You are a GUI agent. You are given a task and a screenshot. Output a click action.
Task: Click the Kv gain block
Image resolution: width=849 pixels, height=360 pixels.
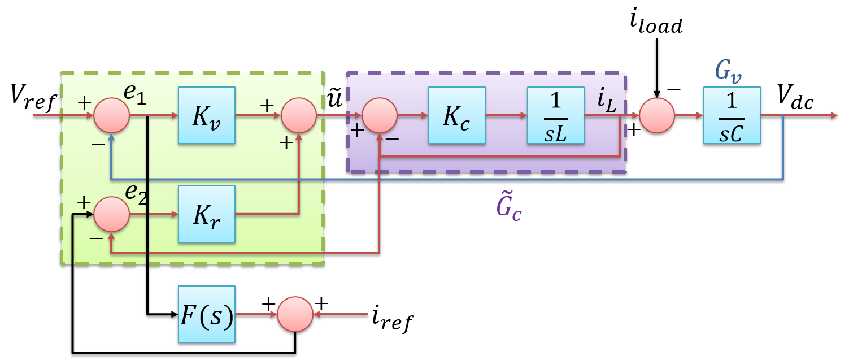[x=206, y=115]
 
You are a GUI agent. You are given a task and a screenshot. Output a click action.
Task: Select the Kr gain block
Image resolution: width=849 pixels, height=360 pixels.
[x=206, y=214]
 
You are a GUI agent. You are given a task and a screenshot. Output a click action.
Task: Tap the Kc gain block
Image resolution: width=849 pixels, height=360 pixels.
[x=456, y=115]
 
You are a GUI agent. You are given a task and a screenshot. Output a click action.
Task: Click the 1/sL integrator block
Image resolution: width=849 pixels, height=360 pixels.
[x=555, y=115]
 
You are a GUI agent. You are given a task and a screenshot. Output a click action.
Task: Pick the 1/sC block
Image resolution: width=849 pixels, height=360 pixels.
[x=732, y=115]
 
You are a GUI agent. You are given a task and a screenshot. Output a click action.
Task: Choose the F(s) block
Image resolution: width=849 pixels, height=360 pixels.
[x=206, y=314]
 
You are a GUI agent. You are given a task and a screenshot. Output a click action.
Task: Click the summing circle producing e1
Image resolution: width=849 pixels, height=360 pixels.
[x=112, y=115]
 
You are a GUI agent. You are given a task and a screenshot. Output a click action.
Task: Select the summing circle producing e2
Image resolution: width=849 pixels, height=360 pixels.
[x=112, y=214]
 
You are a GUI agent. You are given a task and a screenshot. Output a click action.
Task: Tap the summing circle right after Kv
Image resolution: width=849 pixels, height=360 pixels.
[x=299, y=115]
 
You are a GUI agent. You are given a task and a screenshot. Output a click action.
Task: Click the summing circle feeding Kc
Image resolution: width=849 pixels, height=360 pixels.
[x=380, y=115]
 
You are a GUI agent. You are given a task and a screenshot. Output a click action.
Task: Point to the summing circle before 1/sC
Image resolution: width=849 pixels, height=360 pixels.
[x=657, y=115]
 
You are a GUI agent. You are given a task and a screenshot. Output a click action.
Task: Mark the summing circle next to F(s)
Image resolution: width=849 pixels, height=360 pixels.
[x=295, y=314]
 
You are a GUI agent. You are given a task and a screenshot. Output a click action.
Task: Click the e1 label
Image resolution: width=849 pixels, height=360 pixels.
[x=135, y=95]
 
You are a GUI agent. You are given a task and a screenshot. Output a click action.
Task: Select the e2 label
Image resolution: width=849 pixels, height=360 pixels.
[x=136, y=194]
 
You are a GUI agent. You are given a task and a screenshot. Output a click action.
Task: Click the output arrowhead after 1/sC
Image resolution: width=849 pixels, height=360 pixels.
[x=834, y=115]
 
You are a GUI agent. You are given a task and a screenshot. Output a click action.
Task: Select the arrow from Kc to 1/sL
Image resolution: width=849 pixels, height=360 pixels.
[x=506, y=115]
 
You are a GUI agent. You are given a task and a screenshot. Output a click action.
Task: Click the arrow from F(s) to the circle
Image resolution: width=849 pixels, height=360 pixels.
[x=256, y=314]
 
